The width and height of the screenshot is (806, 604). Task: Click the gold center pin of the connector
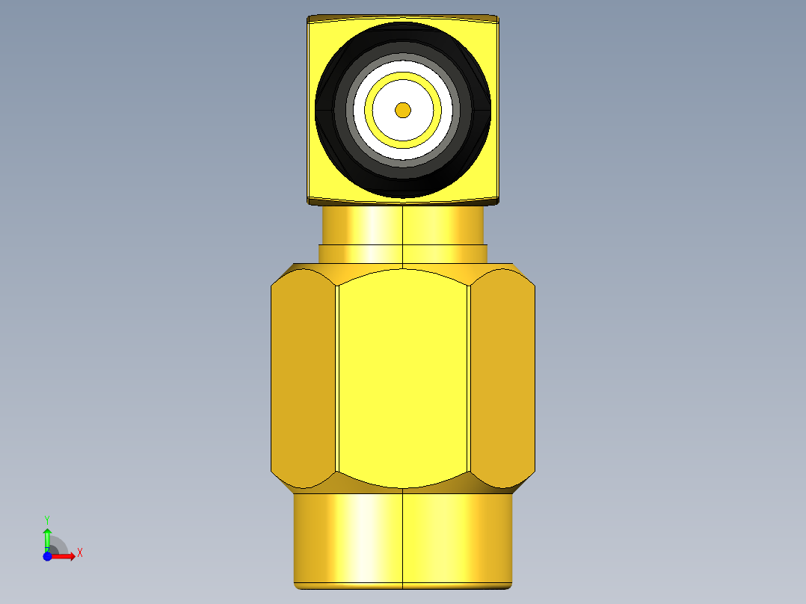pos(403,110)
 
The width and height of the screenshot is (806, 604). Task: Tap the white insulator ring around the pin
pos(403,67)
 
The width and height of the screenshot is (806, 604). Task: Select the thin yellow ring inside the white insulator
pos(403,75)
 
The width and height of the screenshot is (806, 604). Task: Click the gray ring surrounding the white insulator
pos(403,57)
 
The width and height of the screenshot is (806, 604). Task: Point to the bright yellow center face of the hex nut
pos(403,377)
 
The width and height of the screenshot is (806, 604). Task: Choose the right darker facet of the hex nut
pos(502,377)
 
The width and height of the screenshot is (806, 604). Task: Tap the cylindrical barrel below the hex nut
pos(403,540)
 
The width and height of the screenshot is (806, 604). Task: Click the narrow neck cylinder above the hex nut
pos(403,225)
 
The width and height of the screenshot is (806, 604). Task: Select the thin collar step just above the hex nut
pos(403,254)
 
